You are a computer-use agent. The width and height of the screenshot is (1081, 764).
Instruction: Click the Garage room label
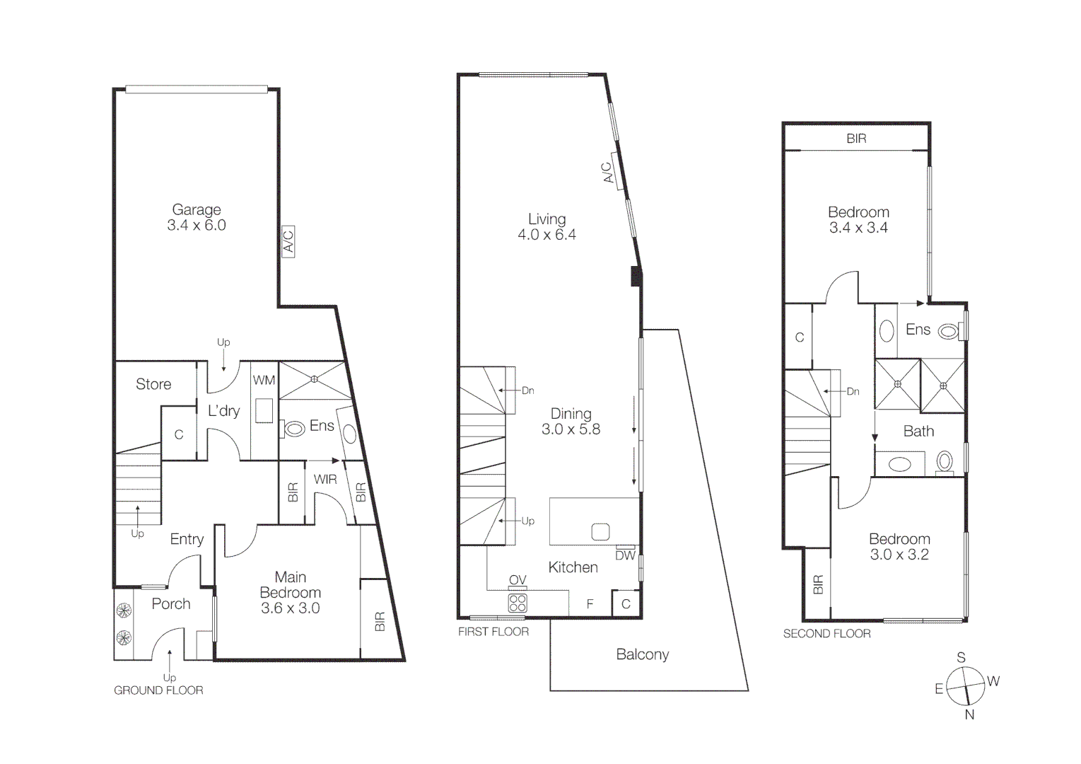point(197,209)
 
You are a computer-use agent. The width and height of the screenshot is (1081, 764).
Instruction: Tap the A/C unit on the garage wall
point(288,241)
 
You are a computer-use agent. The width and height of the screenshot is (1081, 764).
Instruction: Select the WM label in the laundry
point(264,380)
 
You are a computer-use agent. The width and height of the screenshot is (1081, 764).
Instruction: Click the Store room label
point(153,384)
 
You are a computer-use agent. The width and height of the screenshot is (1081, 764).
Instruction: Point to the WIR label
point(325,479)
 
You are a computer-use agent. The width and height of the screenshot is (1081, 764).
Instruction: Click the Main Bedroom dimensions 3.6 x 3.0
point(290,608)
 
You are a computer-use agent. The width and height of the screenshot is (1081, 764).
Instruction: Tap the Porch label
point(171,603)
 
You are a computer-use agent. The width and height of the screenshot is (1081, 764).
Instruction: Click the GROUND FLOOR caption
point(158,690)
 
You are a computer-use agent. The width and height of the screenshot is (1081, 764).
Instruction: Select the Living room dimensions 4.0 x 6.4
point(547,235)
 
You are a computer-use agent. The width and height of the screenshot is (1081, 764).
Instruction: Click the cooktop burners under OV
point(518,603)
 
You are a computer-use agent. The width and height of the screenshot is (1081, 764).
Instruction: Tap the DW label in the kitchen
point(625,556)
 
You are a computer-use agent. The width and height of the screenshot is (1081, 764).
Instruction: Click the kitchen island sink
point(600,531)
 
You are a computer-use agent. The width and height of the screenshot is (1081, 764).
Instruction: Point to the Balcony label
point(642,654)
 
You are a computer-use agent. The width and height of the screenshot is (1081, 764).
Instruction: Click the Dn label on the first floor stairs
point(528,390)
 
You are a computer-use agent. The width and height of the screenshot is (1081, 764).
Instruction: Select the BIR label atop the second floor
point(856,139)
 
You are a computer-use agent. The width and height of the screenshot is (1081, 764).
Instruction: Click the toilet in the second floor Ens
point(948,330)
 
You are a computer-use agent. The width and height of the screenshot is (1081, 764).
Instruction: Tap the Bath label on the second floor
point(918,431)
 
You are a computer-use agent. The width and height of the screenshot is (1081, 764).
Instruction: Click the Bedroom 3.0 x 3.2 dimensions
point(899,555)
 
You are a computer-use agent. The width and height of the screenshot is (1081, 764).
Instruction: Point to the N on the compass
point(969,714)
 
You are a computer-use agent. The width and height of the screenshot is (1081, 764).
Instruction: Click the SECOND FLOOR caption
point(826,634)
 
